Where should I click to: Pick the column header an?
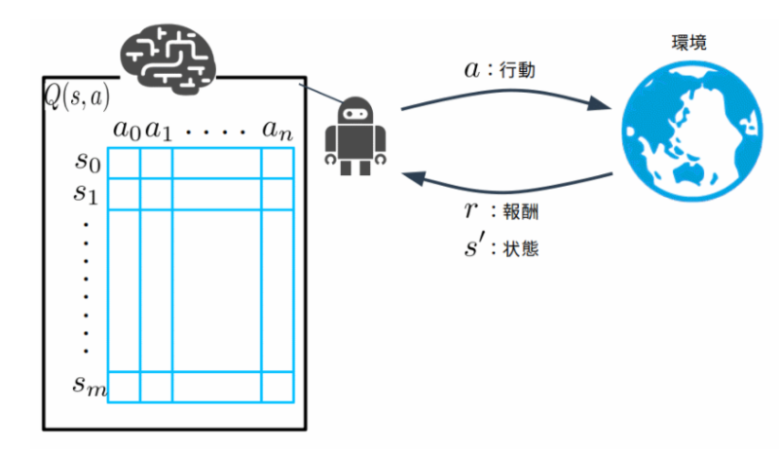[x=277, y=130]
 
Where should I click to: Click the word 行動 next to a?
[x=517, y=71]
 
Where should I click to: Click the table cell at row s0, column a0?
[x=124, y=163]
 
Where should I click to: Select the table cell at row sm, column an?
[x=277, y=386]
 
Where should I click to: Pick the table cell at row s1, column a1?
[x=157, y=194]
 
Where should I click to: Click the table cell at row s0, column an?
[x=277, y=163]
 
